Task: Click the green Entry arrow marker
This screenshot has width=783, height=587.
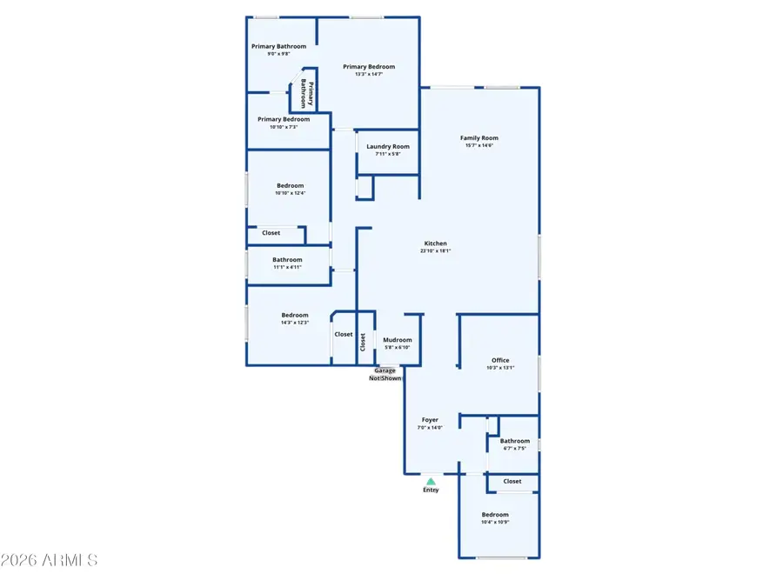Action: [x=430, y=480]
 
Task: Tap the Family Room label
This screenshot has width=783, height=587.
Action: [x=479, y=138]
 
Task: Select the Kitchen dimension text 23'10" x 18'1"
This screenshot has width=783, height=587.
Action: [x=435, y=251]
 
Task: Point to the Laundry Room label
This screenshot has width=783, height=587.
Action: [x=388, y=147]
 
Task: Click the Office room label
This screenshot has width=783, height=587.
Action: [x=500, y=360]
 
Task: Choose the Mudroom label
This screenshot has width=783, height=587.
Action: [x=398, y=340]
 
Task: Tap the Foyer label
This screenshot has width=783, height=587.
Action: [x=430, y=419]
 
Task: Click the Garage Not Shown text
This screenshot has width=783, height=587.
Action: [x=386, y=375]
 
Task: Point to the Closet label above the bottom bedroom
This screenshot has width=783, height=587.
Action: [x=512, y=481]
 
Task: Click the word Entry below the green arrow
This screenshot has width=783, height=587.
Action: [x=431, y=490]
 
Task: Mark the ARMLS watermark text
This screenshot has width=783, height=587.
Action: [x=50, y=560]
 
